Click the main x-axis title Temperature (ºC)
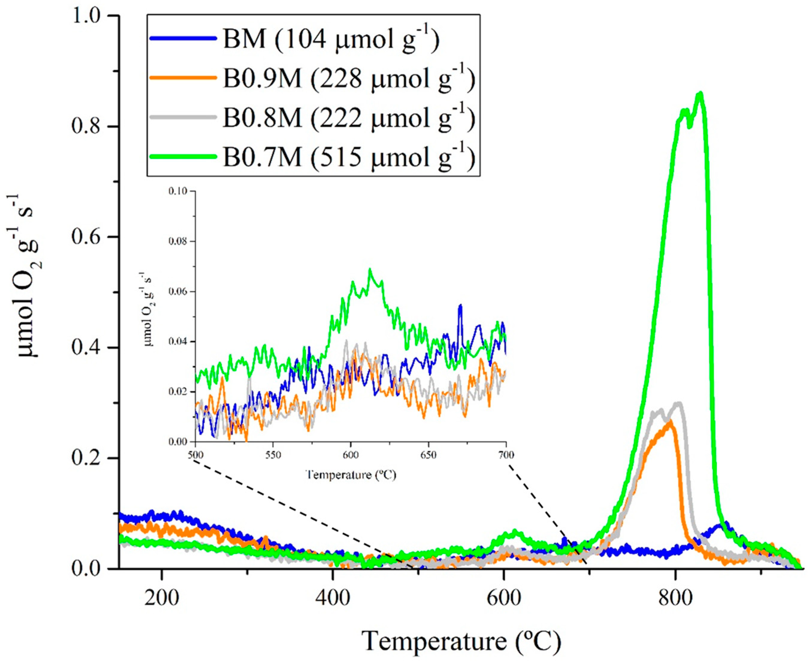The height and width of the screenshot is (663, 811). pos(461,641)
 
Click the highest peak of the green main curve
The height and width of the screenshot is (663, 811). pos(700,93)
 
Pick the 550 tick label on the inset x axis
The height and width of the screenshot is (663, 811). pos(273,455)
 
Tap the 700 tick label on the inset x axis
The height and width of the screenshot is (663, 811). pos(506,455)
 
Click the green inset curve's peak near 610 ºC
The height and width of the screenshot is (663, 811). pos(370,270)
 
